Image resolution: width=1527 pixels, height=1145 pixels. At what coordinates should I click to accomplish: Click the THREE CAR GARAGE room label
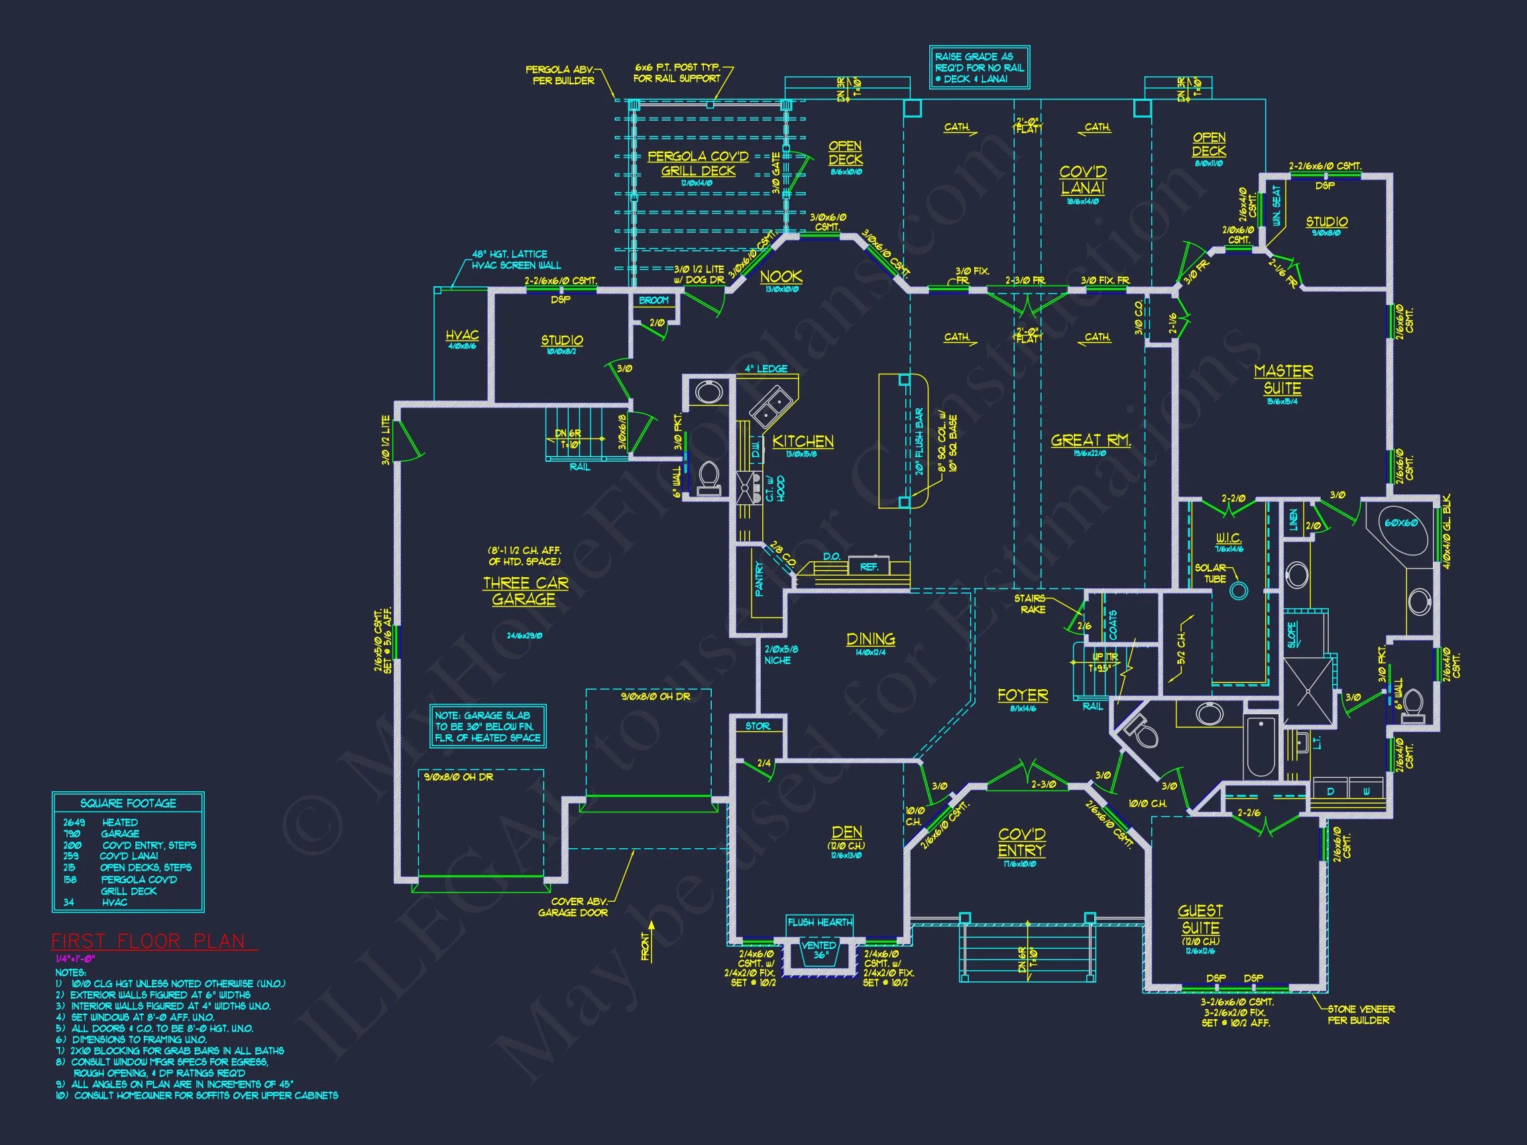pyautogui.click(x=526, y=592)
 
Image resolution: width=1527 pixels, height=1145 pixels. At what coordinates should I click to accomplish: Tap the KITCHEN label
pyautogui.click(x=802, y=442)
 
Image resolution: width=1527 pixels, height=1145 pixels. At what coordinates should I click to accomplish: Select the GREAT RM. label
pyautogui.click(x=1090, y=441)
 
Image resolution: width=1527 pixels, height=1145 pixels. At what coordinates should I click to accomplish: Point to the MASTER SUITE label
pyautogui.click(x=1282, y=380)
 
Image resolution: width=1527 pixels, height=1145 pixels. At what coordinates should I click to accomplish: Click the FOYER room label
pyautogui.click(x=1023, y=695)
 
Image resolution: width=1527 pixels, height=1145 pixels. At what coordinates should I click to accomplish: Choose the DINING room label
pyautogui.click(x=870, y=639)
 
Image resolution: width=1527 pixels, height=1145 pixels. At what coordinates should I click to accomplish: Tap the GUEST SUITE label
pyautogui.click(x=1200, y=919)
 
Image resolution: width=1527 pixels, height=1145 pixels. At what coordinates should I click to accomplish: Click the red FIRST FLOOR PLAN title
pyautogui.click(x=148, y=942)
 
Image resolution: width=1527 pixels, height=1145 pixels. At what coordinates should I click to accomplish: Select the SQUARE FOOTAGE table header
pyautogui.click(x=129, y=803)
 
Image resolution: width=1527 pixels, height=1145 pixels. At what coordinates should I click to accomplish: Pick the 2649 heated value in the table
pyautogui.click(x=74, y=823)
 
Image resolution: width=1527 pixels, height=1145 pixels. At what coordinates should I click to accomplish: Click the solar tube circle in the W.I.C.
pyautogui.click(x=1239, y=591)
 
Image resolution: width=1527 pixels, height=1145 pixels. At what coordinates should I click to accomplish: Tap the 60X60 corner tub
pyautogui.click(x=1400, y=524)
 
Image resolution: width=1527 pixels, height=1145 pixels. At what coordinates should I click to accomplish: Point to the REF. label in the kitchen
pyautogui.click(x=868, y=567)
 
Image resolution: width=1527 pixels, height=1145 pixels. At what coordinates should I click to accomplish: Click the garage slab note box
pyautogui.click(x=487, y=726)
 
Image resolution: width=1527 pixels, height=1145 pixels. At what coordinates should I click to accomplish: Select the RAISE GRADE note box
pyautogui.click(x=979, y=68)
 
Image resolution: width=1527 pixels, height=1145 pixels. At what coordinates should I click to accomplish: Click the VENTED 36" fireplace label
pyautogui.click(x=819, y=950)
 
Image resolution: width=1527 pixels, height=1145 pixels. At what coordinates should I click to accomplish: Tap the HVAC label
pyautogui.click(x=462, y=336)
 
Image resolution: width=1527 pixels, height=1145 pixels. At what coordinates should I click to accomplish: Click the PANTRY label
pyautogui.click(x=760, y=578)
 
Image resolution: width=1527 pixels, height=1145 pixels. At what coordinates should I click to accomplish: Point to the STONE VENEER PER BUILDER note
pyautogui.click(x=1361, y=1014)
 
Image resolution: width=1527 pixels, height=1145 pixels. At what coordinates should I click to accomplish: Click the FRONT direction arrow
pyautogui.click(x=650, y=940)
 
